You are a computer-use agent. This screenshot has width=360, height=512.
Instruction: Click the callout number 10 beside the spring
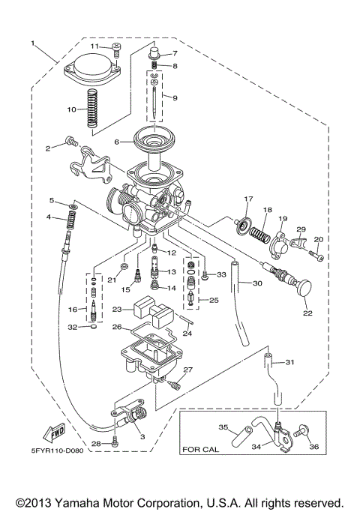click(x=72, y=109)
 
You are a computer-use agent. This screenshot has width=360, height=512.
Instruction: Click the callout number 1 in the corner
click(x=32, y=43)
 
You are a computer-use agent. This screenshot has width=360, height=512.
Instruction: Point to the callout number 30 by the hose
click(x=257, y=283)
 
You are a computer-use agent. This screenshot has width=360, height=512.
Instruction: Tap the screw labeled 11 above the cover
click(x=116, y=49)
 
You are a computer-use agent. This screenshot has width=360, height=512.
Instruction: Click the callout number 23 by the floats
click(x=117, y=309)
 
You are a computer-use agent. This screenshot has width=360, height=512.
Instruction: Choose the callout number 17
click(x=244, y=199)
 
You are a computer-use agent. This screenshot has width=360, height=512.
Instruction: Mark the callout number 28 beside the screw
click(x=96, y=444)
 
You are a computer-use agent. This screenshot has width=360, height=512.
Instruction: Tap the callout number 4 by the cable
click(x=48, y=217)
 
